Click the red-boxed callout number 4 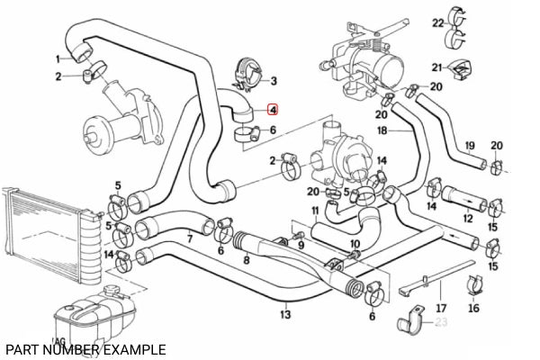(x=273, y=111)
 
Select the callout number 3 (x=274, y=80)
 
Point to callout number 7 (x=189, y=239)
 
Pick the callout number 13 (x=285, y=315)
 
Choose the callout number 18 (x=382, y=130)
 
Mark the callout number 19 (x=470, y=145)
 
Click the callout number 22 (x=437, y=22)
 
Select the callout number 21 (x=436, y=68)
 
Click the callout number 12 (x=467, y=218)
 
